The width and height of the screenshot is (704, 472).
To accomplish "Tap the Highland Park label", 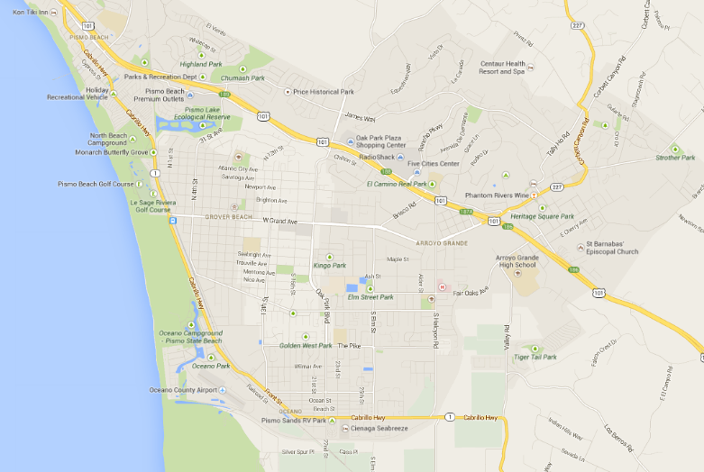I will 201,65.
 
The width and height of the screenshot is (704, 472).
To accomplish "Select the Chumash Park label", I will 244,78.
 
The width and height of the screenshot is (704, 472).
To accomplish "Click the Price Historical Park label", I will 322,92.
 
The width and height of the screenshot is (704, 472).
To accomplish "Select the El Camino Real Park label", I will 396,184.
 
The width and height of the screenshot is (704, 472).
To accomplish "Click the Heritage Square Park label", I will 542,217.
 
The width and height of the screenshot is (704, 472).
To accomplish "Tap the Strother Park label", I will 675,158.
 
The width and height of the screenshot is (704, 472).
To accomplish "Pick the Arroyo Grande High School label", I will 517,262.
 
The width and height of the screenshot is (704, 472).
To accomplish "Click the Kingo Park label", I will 329,266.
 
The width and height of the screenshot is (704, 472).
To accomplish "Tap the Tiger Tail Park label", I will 535,357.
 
